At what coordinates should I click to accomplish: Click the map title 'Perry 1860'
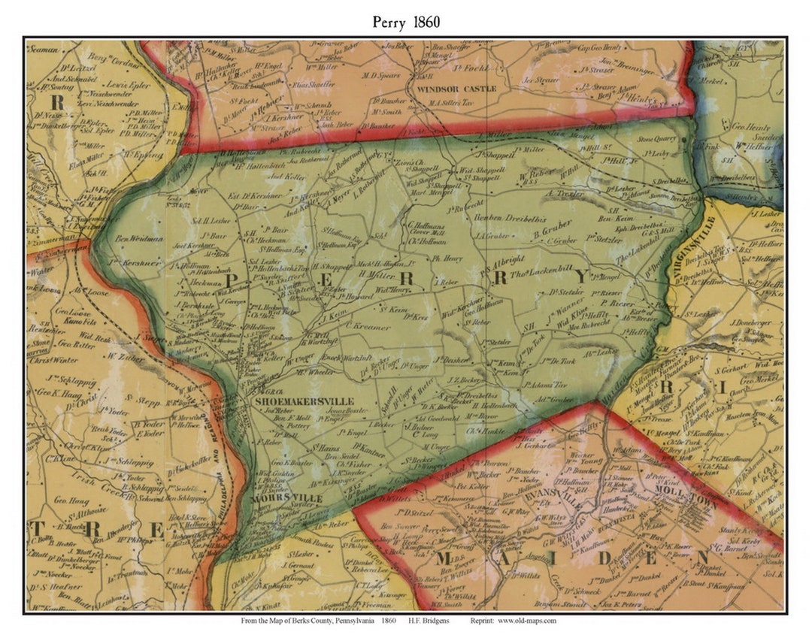click(x=406, y=22)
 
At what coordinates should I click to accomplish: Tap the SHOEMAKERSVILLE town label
click(x=302, y=402)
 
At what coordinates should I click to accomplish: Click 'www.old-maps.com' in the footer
click(x=526, y=621)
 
